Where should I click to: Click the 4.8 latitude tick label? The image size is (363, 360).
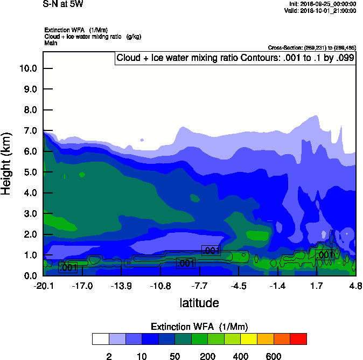(x=355, y=285)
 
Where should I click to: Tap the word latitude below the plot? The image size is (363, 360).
(x=199, y=303)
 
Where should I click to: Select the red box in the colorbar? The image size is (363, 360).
(x=298, y=339)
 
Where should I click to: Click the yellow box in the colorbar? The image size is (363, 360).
(x=248, y=339)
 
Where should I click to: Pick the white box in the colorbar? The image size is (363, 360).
(x=100, y=339)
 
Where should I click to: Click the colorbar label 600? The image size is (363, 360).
(x=274, y=356)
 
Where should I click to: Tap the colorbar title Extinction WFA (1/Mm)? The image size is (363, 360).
(x=199, y=327)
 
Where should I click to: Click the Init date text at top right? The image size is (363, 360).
(x=322, y=4)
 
